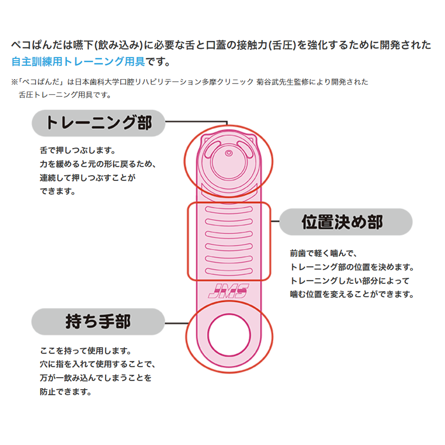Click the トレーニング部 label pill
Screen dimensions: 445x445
(x=98, y=123)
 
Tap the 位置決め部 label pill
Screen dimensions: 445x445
(x=346, y=222)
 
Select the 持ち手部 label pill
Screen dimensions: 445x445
(x=98, y=321)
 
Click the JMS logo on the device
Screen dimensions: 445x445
(x=228, y=291)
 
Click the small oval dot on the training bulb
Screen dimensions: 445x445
(x=229, y=153)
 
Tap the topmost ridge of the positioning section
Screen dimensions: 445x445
(x=229, y=210)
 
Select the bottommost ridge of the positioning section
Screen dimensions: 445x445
(x=229, y=271)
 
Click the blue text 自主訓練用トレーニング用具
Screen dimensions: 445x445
(x=78, y=61)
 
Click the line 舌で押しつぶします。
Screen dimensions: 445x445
(x=78, y=150)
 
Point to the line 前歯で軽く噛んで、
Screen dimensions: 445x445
(x=323, y=253)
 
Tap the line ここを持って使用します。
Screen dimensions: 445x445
(x=86, y=351)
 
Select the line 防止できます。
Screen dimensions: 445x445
(x=66, y=392)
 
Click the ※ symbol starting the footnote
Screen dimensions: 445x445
(x=14, y=82)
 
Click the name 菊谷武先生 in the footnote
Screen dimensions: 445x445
(x=275, y=82)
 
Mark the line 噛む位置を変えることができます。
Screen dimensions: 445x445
(x=352, y=294)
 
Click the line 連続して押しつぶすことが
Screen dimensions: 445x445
(x=88, y=178)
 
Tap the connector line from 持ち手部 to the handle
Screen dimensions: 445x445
(x=176, y=323)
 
